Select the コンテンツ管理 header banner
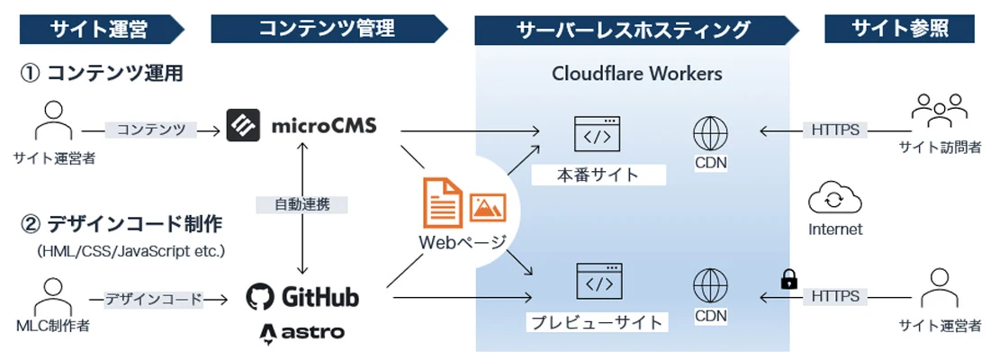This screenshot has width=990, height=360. click(x=328, y=29)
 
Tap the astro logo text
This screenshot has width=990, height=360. click(x=301, y=333)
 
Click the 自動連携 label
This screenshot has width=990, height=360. click(x=302, y=204)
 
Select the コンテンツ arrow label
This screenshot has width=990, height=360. click(x=149, y=130)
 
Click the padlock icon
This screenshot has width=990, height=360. click(x=787, y=278)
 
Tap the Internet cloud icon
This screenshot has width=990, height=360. click(x=834, y=199)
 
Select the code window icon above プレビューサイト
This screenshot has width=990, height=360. click(x=599, y=281)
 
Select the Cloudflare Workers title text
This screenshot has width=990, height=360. click(x=636, y=74)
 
